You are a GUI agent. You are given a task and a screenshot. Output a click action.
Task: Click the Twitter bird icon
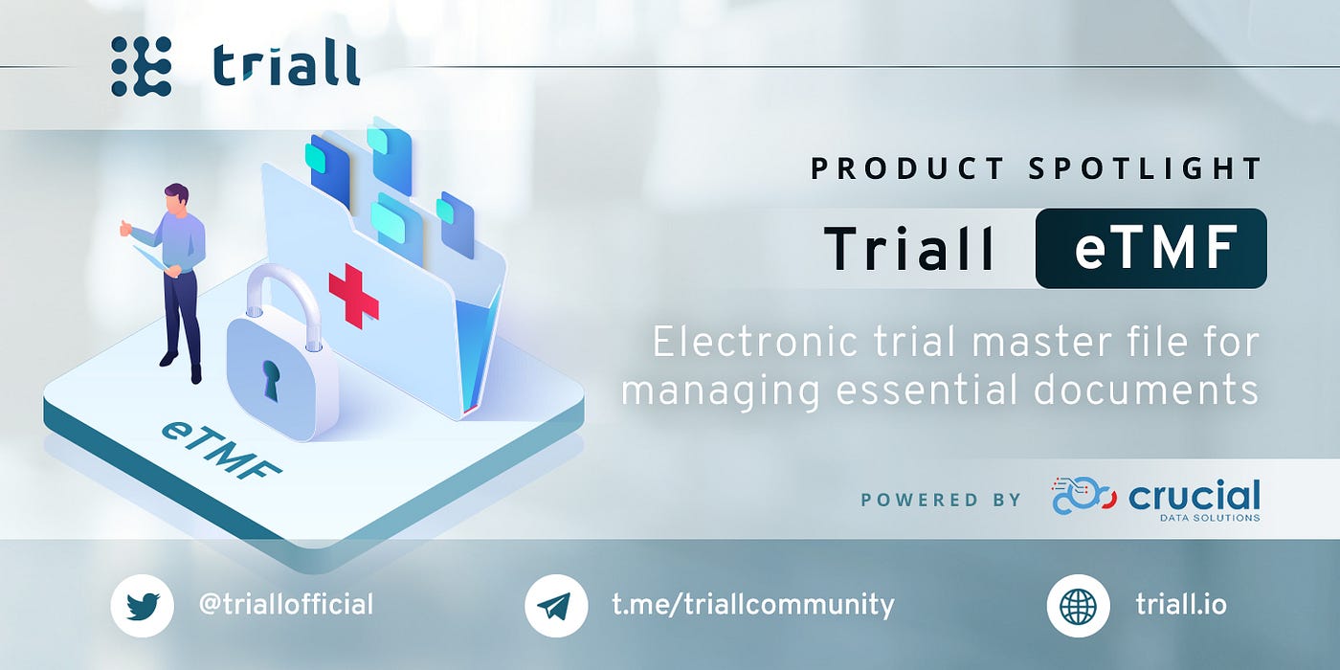coord(143,605)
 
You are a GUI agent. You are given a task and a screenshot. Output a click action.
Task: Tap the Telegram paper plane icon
coord(556,605)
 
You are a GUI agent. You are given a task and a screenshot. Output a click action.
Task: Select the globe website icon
coord(1078,605)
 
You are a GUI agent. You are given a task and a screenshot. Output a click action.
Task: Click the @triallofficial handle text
coord(286,604)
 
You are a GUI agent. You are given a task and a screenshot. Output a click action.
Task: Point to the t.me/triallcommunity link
coord(752,605)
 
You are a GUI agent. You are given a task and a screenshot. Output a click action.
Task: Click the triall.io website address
coord(1181,604)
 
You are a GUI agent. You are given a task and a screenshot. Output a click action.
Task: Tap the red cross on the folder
coord(353,296)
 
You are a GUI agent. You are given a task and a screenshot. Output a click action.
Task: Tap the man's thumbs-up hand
coord(125,228)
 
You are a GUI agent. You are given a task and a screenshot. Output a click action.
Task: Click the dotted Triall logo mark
coord(142,66)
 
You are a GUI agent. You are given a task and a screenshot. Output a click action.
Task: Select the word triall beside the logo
coord(286,65)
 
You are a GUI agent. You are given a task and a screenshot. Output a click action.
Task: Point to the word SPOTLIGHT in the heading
coord(1145,168)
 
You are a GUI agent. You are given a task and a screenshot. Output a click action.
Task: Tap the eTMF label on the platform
coord(220,451)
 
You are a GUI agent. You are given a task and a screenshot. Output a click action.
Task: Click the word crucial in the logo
coord(1195,496)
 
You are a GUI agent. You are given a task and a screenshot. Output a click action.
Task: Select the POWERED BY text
coord(941,500)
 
